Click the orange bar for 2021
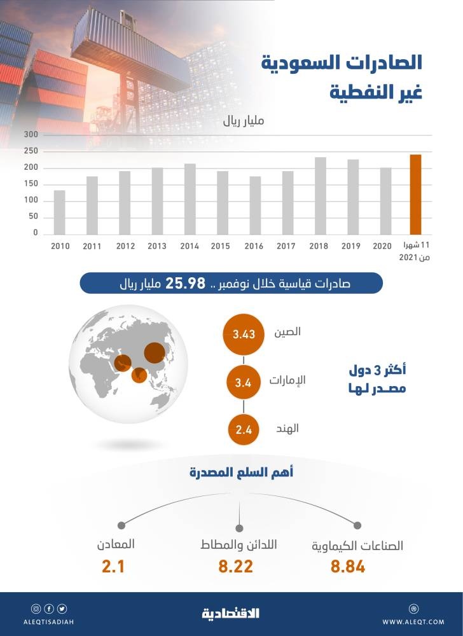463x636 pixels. pyautogui.click(x=415, y=195)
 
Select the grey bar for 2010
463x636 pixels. pyautogui.click(x=59, y=212)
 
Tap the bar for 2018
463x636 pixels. pyautogui.click(x=321, y=196)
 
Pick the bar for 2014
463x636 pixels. pyautogui.click(x=190, y=199)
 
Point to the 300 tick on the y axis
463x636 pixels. pyautogui.click(x=32, y=135)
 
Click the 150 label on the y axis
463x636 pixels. pyautogui.click(x=32, y=184)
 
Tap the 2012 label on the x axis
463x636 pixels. pyautogui.click(x=125, y=245)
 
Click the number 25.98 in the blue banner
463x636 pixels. pyautogui.click(x=183, y=282)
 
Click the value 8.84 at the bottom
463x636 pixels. pyautogui.click(x=348, y=567)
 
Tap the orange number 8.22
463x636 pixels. pyautogui.click(x=235, y=567)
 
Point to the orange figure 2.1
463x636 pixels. pyautogui.click(x=113, y=567)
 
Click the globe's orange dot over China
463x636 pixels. pyautogui.click(x=155, y=352)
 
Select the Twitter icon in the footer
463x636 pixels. pyautogui.click(x=62, y=609)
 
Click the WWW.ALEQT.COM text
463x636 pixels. pyautogui.click(x=414, y=621)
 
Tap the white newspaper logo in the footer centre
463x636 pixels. pyautogui.click(x=231, y=614)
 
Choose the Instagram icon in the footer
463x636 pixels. pyautogui.click(x=36, y=609)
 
